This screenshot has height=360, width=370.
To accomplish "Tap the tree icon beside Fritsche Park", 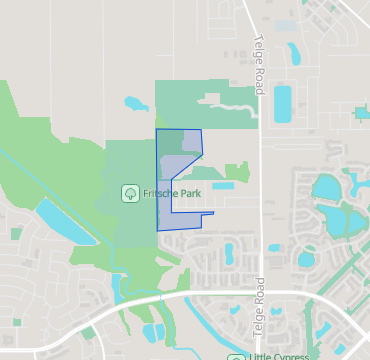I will (x=130, y=192).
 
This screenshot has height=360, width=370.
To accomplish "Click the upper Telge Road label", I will (x=258, y=64).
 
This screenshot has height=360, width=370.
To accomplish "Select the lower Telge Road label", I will (x=258, y=306).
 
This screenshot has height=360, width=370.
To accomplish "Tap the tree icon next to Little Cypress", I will (x=236, y=356).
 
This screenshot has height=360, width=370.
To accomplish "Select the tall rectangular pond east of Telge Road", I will (x=283, y=104).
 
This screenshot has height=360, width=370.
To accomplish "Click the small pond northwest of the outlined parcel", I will (x=133, y=101).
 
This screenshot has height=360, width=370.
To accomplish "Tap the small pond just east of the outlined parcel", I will (x=222, y=185).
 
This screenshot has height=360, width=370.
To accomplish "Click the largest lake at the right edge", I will (x=328, y=188).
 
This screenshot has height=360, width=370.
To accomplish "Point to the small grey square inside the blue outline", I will (x=191, y=141).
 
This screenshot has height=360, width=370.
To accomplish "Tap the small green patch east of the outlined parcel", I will (x=237, y=171).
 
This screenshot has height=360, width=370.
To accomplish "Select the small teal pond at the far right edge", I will (x=362, y=113).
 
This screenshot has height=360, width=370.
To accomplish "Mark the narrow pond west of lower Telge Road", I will (x=229, y=254).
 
